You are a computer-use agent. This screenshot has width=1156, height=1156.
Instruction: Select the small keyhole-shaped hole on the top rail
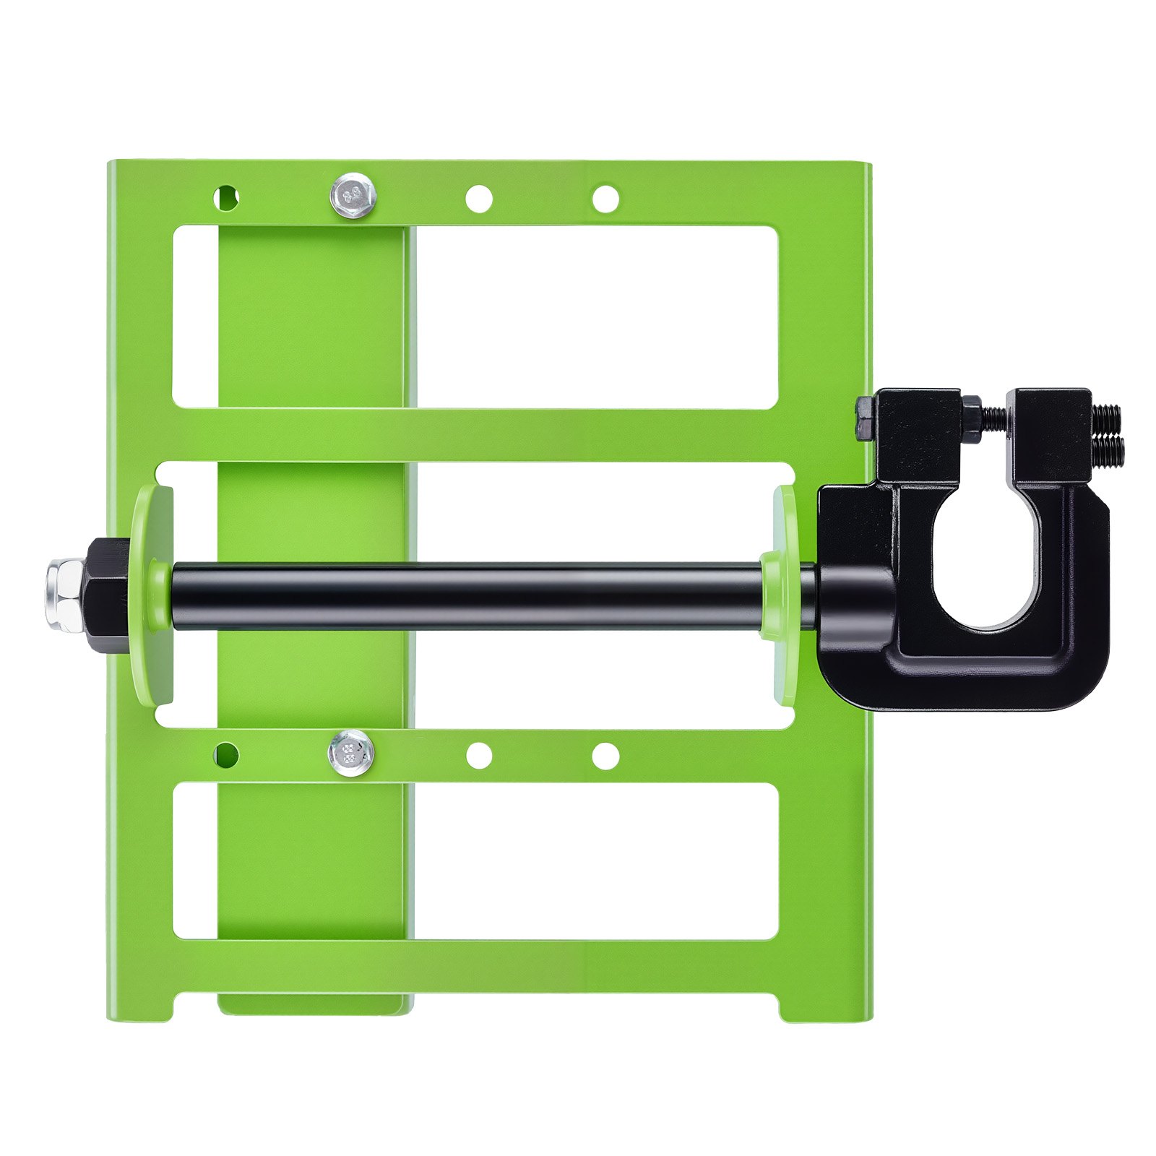point(227,196)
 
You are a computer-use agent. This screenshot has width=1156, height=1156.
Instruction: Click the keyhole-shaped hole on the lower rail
point(227,754)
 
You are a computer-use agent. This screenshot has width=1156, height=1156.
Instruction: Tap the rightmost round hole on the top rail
point(605,199)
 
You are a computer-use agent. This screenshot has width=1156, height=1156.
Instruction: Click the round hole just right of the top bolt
point(478,199)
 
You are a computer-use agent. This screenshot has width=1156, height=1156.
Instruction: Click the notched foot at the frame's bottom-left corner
point(141,1007)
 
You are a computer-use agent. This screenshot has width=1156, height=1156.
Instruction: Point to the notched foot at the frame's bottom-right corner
point(824,1007)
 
